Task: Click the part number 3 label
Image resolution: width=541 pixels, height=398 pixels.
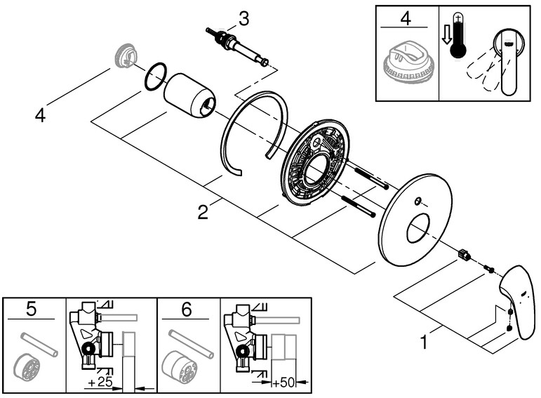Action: point(243,18)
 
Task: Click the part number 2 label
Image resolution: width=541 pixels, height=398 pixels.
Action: point(202,212)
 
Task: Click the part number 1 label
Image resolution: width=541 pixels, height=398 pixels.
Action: point(423,343)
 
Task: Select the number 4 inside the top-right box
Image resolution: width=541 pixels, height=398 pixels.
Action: point(405,18)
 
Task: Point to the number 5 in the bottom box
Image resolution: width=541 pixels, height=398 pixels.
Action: point(30,309)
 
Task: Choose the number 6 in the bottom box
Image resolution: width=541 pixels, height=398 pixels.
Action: point(185,309)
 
